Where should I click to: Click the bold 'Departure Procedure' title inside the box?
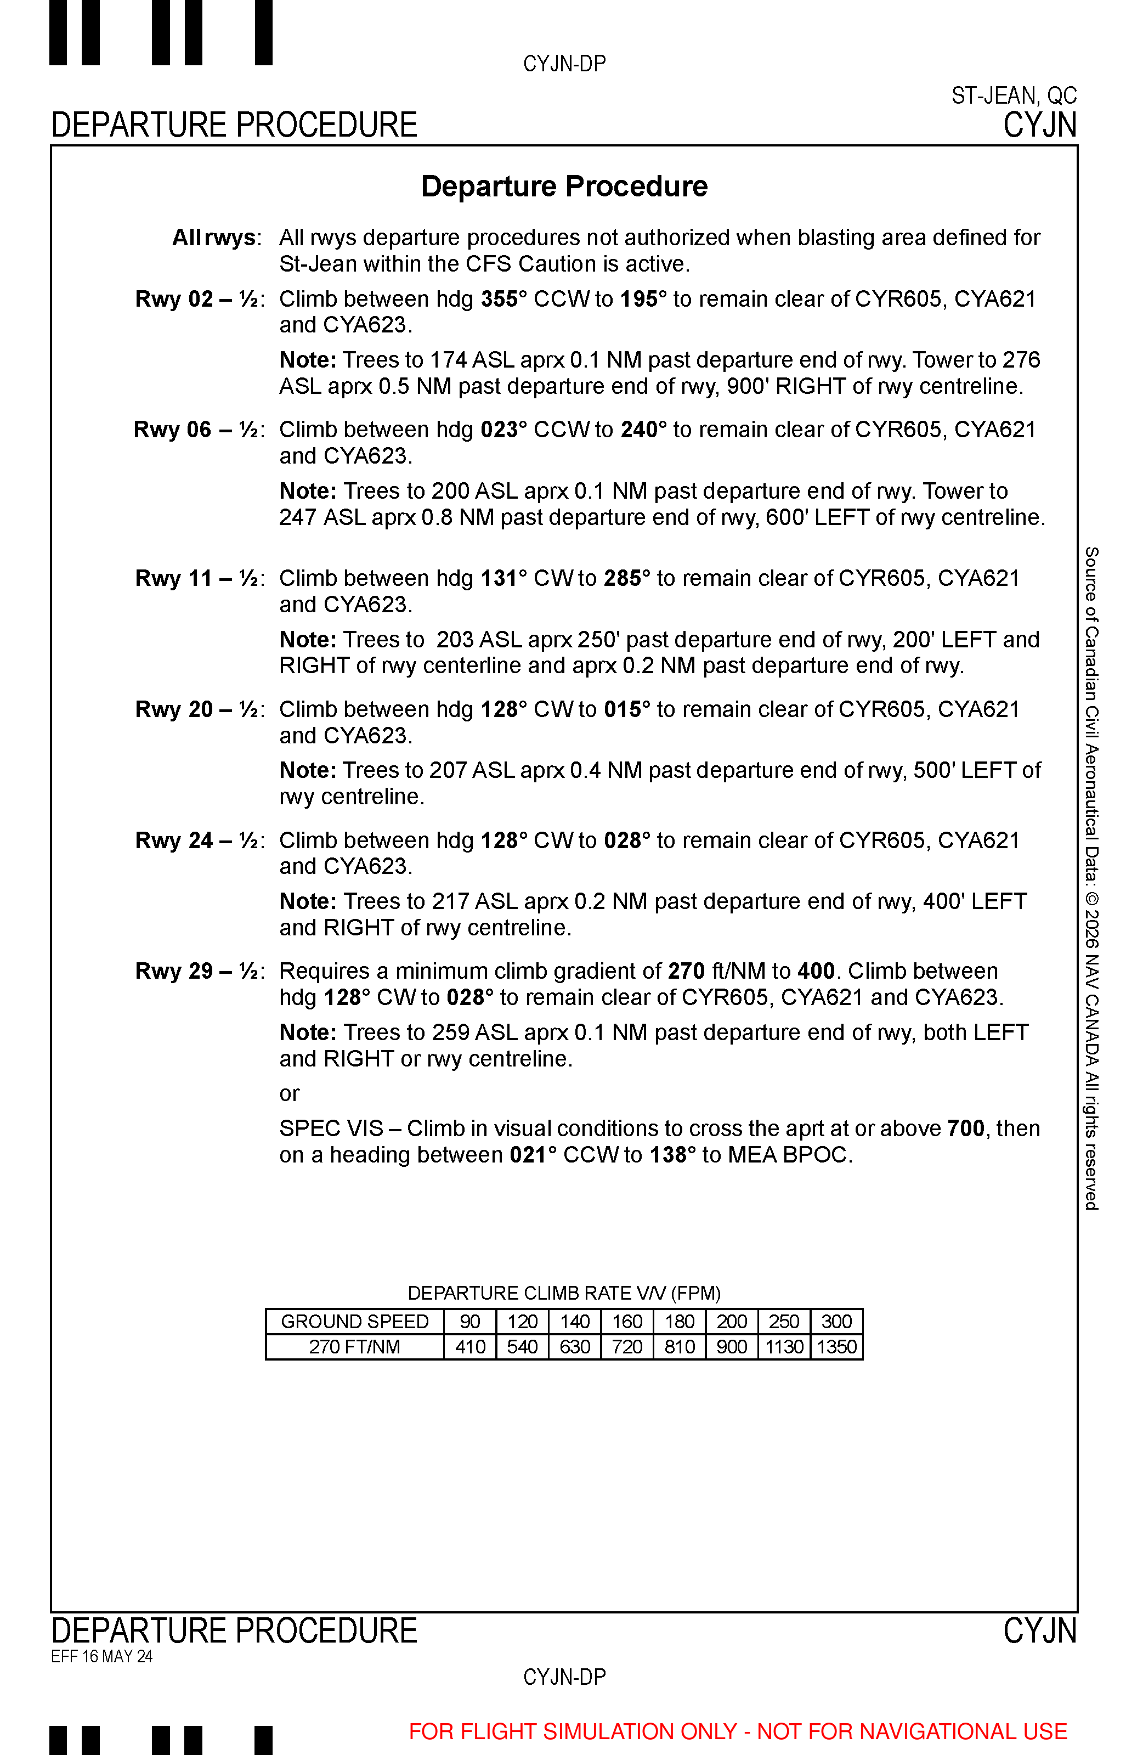pos(564,187)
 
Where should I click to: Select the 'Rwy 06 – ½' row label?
pos(198,430)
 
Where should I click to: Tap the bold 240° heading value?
pos(644,430)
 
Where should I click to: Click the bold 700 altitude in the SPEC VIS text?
pos(966,1128)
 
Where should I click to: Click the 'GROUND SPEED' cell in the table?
pos(355,1322)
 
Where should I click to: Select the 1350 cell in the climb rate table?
pos(836,1347)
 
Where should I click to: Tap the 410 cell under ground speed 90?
pos(470,1347)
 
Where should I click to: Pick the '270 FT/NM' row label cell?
pos(355,1347)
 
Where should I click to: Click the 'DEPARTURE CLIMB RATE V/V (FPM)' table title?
pos(564,1293)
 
